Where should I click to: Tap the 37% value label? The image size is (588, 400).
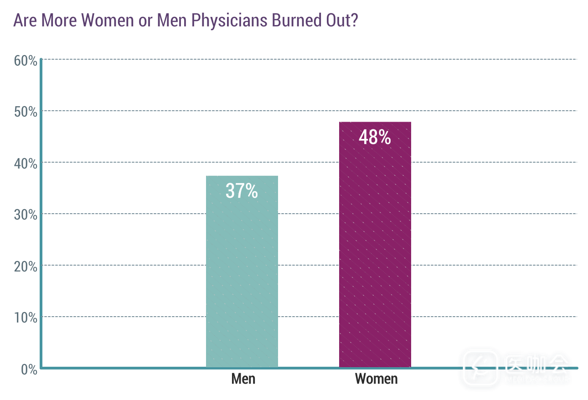coord(242,191)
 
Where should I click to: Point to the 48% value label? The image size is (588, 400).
coord(375,137)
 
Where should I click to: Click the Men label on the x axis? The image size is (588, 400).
coord(243,379)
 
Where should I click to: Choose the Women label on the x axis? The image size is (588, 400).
coord(376,379)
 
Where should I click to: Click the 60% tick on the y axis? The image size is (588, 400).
coord(26,61)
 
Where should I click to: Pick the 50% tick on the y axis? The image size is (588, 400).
coord(26,112)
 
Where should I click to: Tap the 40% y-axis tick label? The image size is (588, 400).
coord(26,164)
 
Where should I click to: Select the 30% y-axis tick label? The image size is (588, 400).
coord(26,215)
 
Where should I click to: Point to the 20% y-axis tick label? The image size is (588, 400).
coord(26,267)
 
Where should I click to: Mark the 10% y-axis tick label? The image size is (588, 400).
coord(26,318)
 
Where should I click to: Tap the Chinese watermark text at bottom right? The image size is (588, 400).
coord(537,364)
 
